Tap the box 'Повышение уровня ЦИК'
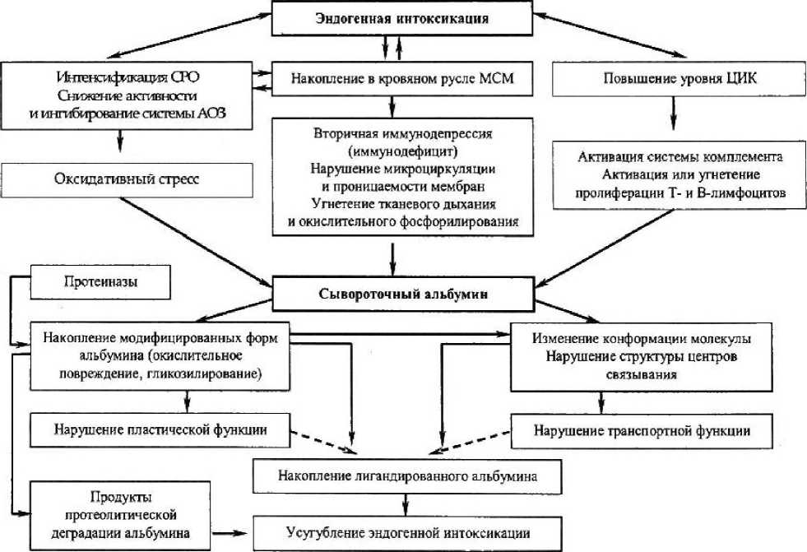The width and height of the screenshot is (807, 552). tap(672, 80)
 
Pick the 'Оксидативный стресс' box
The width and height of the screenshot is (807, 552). tap(126, 179)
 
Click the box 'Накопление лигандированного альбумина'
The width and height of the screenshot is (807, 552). tap(407, 475)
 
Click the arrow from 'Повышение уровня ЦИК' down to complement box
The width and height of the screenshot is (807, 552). tap(673, 112)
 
